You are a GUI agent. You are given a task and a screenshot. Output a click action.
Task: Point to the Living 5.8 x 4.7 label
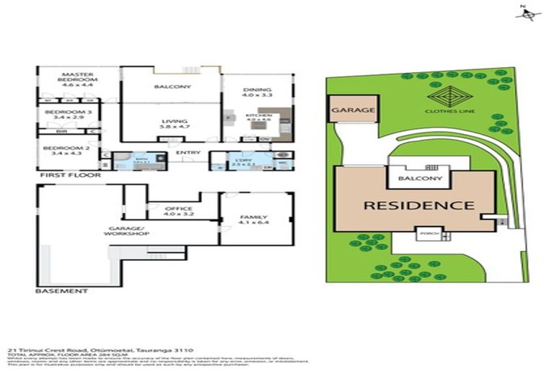(175, 124)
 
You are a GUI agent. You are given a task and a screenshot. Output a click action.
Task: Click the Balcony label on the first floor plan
(172, 87)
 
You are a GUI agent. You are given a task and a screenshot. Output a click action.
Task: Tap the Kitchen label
(258, 118)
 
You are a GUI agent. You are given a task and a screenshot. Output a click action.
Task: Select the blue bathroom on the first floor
(137, 160)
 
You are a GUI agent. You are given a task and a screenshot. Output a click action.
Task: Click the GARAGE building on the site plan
(353, 110)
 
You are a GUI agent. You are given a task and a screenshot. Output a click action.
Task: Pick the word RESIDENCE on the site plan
(418, 205)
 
